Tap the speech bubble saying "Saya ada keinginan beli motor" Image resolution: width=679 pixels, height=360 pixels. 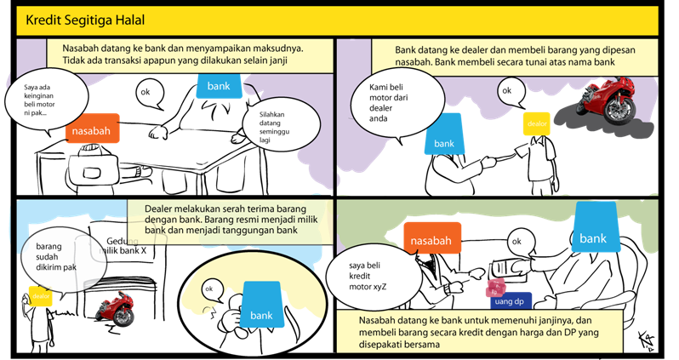coord(44,101)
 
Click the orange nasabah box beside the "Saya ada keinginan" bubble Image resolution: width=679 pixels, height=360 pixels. coord(92,131)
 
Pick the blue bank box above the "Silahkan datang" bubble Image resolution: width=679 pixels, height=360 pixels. coord(218,86)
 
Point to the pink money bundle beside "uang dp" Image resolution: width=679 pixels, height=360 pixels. coord(494,289)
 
